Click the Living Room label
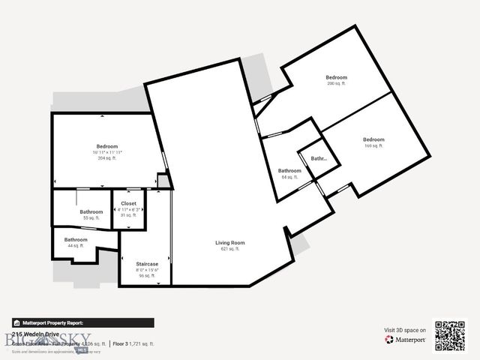coord(229,242)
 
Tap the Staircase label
coord(146,264)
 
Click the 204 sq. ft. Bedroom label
coord(106,145)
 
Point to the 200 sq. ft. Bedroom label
coord(336,78)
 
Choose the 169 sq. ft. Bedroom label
coord(373,139)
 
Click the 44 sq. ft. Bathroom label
coord(76,239)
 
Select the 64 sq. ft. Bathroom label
coord(289,171)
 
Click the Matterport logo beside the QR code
coord(405,340)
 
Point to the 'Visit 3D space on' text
coord(405,330)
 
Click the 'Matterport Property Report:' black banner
coord(82,322)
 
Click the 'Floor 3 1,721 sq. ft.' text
coord(133,343)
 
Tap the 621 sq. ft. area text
coord(229,248)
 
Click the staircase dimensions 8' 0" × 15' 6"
coord(146,270)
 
